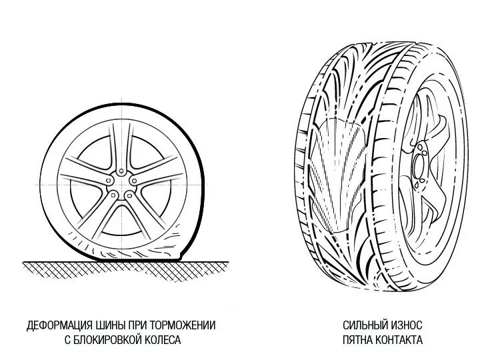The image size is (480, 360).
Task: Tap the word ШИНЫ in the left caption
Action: click(108, 325)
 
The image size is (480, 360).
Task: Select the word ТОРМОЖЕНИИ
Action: click(182, 325)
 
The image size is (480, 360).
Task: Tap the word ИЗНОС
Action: click(405, 325)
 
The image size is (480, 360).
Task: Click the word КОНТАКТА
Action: click(399, 339)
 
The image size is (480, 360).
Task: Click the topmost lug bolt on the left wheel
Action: click(121, 172)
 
